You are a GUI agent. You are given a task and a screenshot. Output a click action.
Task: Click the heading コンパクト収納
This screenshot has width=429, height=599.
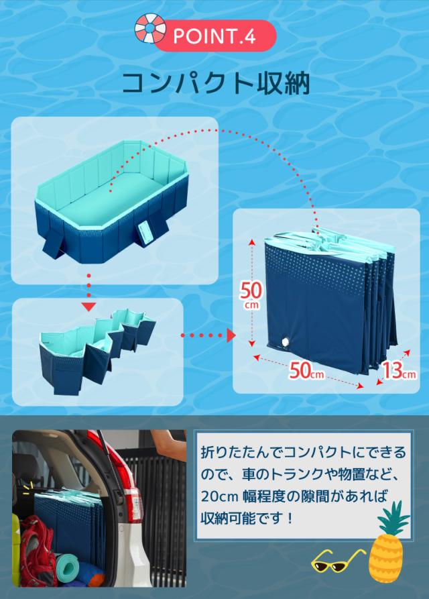[x=214, y=83]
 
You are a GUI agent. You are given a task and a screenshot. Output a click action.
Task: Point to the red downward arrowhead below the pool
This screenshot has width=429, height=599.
[x=88, y=307]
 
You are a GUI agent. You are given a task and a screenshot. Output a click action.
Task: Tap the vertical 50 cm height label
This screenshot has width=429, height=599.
[x=251, y=293]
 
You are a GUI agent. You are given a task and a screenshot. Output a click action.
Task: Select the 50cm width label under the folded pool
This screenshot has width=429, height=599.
[x=307, y=370]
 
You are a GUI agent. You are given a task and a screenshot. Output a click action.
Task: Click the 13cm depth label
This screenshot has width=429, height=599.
[x=400, y=370]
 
